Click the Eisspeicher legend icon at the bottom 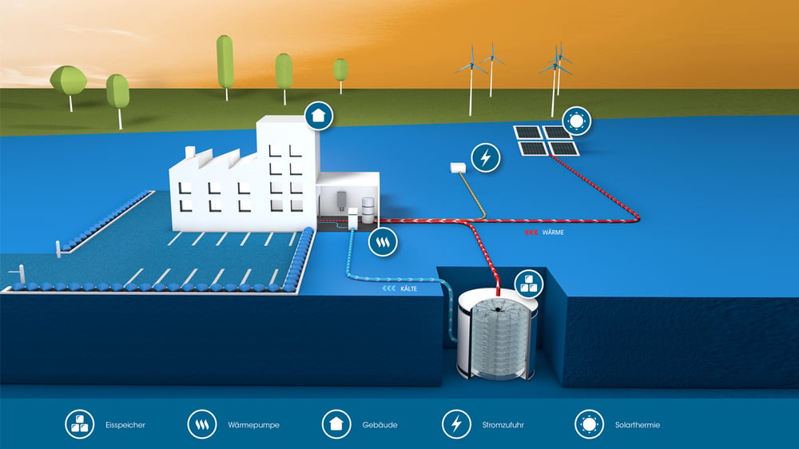click(79, 424)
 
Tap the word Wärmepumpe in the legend click(253, 425)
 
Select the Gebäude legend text click(380, 425)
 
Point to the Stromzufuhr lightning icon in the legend click(456, 424)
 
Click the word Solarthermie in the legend click(637, 425)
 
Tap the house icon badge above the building click(319, 116)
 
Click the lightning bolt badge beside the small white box click(486, 157)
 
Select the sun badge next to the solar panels click(577, 121)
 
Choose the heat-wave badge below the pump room click(383, 241)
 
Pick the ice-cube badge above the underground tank click(529, 284)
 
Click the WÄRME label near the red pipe click(553, 232)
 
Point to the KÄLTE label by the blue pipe click(408, 288)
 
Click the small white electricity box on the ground click(458, 168)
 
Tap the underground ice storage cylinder click(497, 337)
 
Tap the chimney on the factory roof click(190, 152)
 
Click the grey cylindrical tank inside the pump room click(368, 210)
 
